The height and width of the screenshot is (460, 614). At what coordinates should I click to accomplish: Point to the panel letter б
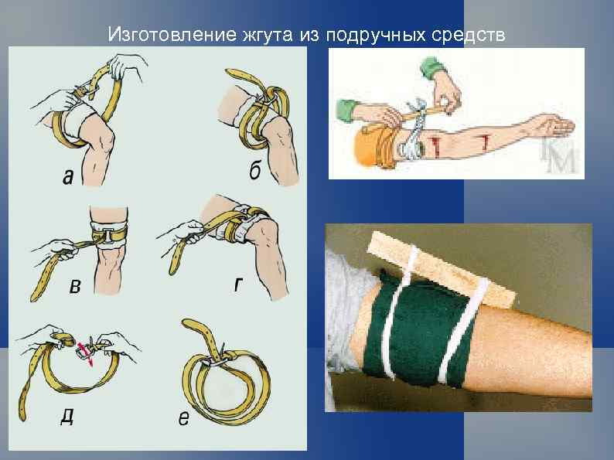pos(254,172)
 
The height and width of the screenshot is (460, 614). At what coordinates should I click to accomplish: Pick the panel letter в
pos(74,288)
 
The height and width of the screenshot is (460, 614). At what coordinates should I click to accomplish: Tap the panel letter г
pos(241,285)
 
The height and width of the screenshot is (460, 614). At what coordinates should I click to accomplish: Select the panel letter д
pos(68,417)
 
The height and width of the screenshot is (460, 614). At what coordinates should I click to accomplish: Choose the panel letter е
pos(183,419)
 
